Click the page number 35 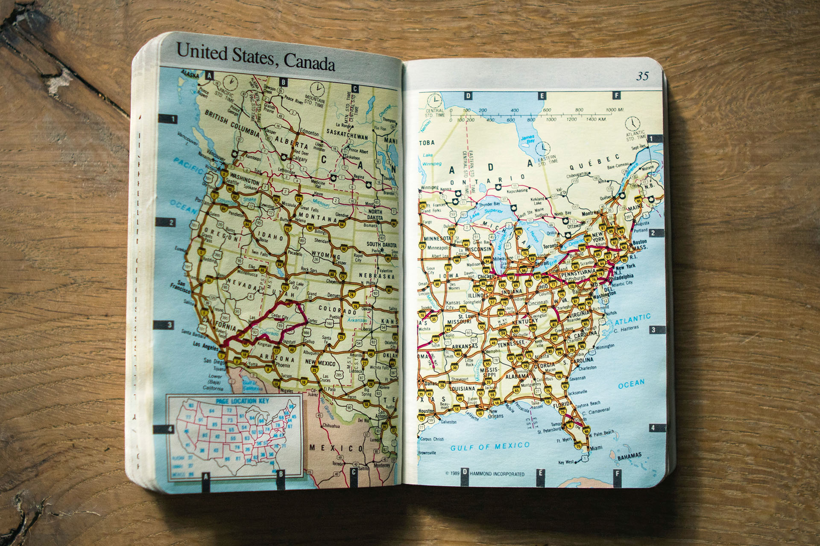642,76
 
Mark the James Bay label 527,139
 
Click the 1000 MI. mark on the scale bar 614,110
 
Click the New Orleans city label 495,416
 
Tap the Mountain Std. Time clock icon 317,89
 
